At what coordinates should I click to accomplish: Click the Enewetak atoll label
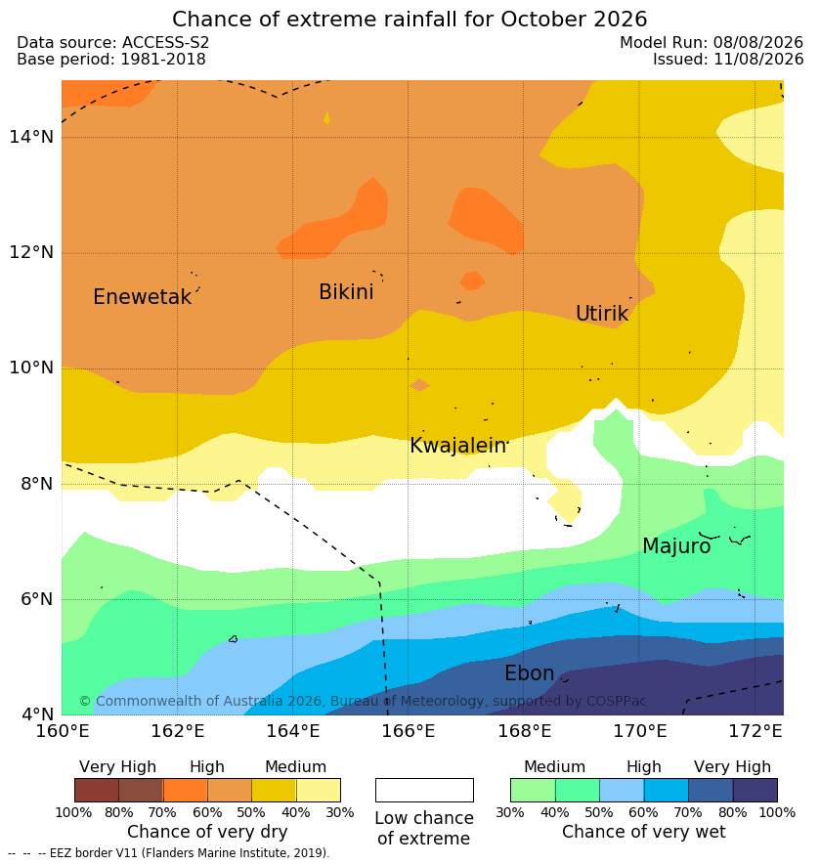coord(143,297)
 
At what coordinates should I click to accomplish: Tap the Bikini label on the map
coord(346,292)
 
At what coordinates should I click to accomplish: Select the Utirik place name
coord(602,314)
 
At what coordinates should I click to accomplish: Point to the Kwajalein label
coord(458,445)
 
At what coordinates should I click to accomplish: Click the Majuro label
coord(676,546)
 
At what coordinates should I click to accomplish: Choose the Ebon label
coord(529,673)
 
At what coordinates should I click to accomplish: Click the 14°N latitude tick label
coord(31,136)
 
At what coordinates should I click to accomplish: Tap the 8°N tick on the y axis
coord(36,484)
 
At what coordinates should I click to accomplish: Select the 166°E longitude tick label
coord(409,731)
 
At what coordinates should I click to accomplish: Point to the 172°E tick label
coord(755,731)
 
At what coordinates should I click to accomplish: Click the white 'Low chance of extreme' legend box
coord(424,790)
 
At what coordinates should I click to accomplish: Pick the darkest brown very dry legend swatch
coord(97,790)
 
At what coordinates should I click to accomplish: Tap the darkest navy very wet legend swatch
coord(755,790)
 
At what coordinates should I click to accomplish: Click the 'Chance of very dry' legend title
coord(207,832)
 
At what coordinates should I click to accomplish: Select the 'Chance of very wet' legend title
coord(643,832)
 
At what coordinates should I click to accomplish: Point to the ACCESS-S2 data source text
coord(165,42)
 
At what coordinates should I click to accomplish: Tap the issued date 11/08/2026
coord(758,59)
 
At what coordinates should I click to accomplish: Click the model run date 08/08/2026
coord(758,42)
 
